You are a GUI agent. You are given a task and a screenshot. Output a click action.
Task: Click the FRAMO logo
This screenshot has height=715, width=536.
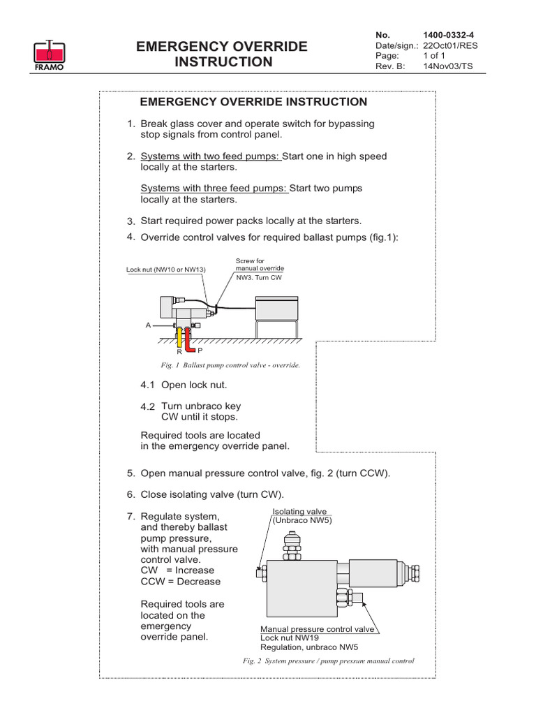pos(50,54)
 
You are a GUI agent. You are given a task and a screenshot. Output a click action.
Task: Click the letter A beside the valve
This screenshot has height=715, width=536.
pos(149,325)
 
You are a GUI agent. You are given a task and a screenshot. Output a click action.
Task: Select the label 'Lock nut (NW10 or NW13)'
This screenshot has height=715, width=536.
pos(165,270)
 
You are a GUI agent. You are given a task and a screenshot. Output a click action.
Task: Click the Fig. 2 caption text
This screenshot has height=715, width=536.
pos(327,661)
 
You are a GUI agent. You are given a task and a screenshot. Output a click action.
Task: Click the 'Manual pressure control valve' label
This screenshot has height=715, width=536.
pos(318,629)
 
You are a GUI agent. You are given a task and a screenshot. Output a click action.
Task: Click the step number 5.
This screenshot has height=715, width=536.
pos(131,473)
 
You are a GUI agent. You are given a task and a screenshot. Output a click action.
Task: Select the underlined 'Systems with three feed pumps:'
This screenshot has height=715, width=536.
pos(214,189)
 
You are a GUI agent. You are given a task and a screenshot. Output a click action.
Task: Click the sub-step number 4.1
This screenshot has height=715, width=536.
pos(148,385)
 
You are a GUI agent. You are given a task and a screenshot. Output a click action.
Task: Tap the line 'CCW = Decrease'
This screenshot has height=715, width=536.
pos(180,582)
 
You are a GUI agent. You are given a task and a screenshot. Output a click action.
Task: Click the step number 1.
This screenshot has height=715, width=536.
pos(131,124)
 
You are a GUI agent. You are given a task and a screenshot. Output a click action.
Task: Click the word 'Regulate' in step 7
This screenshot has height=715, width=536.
pos(162,516)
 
